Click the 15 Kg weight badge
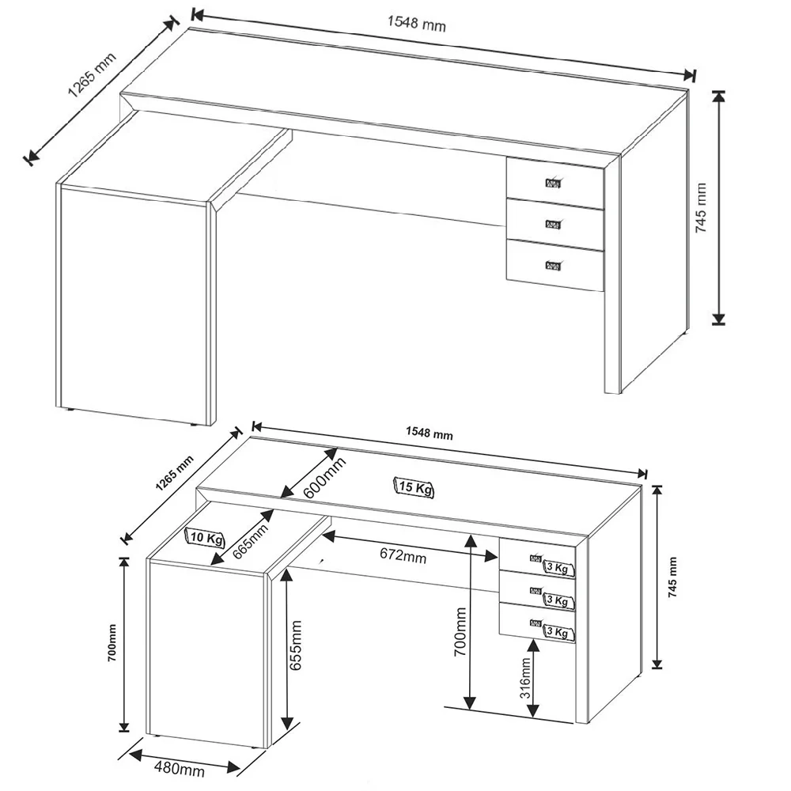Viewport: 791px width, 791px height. (414, 488)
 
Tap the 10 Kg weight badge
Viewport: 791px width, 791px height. (206, 538)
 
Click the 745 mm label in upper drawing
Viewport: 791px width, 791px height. (701, 207)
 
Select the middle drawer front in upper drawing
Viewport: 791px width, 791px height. (555, 224)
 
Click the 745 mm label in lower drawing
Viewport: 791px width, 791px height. (673, 577)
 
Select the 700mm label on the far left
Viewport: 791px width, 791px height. (112, 642)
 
